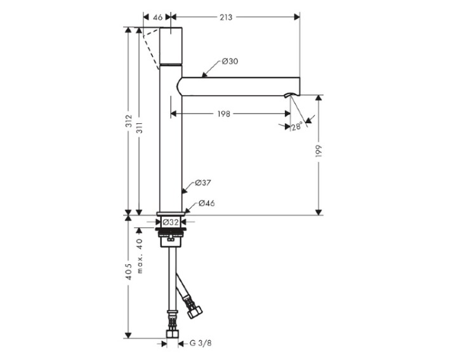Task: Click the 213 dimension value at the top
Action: pos(226,17)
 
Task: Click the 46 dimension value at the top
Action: pos(157,17)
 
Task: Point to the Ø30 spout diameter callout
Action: pos(230,62)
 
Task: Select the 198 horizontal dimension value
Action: pos(224,114)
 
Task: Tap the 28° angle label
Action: pos(297,126)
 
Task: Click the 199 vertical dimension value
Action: pos(319,151)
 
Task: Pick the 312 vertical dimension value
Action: pos(129,121)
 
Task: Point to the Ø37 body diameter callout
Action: pos(203,183)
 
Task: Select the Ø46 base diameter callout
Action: pos(207,203)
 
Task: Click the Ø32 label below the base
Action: pos(170,222)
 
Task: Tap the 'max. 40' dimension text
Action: pos(139,256)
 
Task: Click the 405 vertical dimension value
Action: pos(129,272)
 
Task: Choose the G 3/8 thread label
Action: pos(201,343)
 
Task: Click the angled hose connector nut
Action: pos(195,312)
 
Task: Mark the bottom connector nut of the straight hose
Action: pos(173,335)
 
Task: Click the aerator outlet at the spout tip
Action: pos(289,95)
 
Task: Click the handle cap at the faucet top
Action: pos(171,46)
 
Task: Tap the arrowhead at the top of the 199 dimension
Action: pos(319,98)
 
